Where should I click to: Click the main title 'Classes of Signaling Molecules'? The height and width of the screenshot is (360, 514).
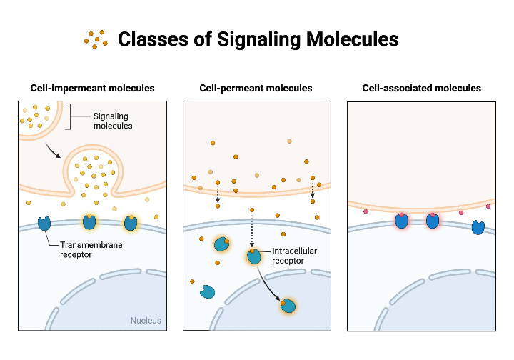[258, 39]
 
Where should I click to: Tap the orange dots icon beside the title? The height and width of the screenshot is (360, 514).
[96, 39]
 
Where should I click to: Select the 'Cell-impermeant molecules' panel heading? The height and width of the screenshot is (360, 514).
[92, 89]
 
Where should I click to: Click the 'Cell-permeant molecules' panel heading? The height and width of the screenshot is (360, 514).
[256, 89]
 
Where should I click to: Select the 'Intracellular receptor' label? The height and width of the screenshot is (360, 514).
[293, 256]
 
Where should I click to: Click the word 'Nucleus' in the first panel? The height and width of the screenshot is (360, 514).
[146, 320]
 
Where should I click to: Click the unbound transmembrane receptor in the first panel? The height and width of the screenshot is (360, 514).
[44, 224]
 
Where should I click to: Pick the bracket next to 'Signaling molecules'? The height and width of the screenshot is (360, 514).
[70, 118]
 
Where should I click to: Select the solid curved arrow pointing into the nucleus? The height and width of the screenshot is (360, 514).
[269, 282]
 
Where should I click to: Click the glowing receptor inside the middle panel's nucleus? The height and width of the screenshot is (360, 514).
[288, 306]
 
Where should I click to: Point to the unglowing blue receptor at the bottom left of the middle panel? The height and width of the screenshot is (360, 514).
[208, 291]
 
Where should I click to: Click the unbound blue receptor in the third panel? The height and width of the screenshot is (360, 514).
[477, 228]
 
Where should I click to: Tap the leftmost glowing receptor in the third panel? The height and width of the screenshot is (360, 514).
[402, 221]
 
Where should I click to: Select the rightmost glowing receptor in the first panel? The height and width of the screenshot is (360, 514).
[131, 223]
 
